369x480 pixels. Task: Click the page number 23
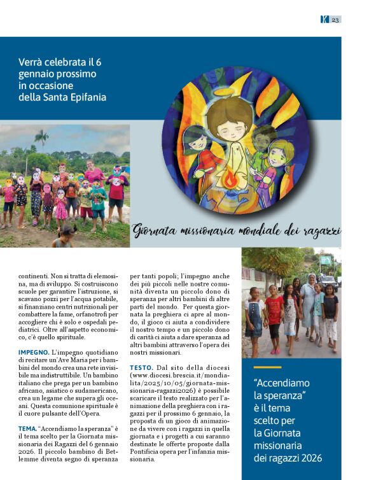point(336,20)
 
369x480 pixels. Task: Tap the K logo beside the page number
point(324,20)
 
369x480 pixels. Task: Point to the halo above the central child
point(227,97)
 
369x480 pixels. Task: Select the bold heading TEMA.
point(27,428)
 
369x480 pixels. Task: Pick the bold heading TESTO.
point(141,367)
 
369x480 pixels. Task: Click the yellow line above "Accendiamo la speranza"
point(267,367)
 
